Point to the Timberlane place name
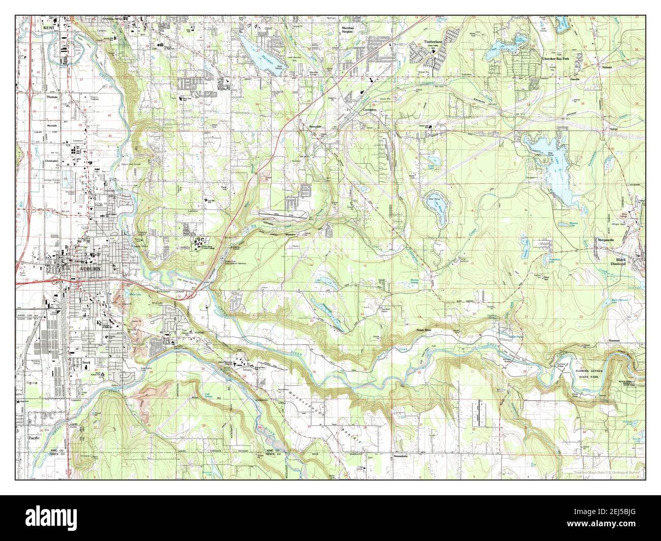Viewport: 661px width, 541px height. click(x=435, y=43)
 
